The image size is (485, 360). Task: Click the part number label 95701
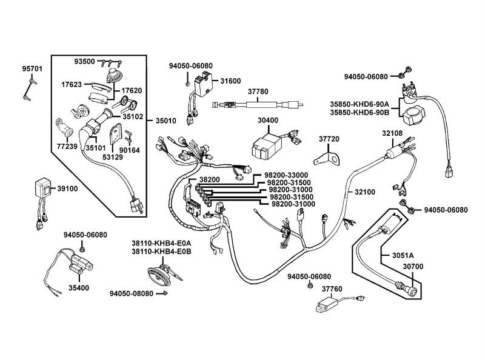32,68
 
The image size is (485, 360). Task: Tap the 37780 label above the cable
257,92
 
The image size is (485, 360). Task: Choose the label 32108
392,133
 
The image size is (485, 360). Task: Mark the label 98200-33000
288,175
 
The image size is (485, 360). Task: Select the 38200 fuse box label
209,179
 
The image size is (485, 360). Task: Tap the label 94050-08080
132,293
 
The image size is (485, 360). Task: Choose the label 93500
84,62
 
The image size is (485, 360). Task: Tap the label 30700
395,265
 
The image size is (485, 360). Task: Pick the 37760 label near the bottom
332,288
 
